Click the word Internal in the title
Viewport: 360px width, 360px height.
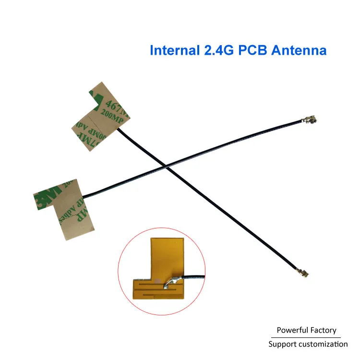click(172, 50)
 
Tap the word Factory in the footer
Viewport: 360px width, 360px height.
click(324, 330)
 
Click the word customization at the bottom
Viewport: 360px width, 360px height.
click(323, 344)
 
